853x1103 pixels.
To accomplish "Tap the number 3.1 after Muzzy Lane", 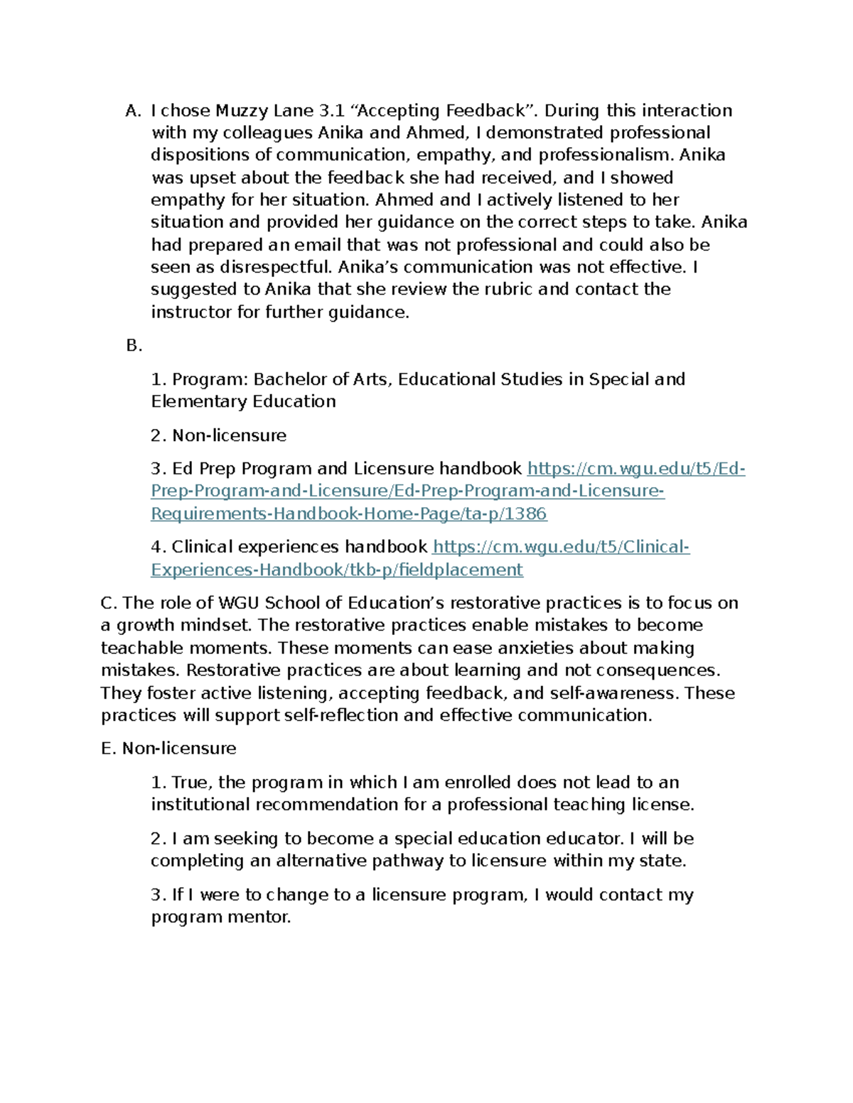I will (332, 111).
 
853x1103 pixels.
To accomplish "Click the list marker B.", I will (134, 346).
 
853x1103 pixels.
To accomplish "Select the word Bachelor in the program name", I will (290, 379).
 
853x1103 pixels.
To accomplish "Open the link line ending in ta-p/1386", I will (349, 514).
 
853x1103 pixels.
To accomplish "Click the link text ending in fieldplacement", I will (337, 570).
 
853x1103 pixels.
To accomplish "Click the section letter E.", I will (107, 749).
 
